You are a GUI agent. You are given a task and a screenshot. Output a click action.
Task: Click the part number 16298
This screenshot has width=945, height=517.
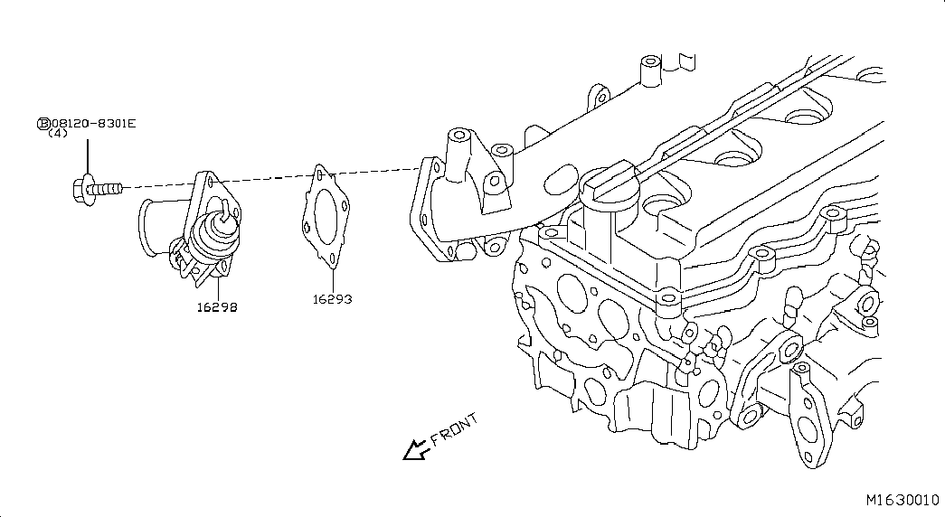tap(217, 306)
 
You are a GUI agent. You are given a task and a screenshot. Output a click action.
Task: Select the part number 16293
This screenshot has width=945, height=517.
tap(332, 299)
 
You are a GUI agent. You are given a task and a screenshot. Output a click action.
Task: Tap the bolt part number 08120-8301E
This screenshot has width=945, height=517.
tap(93, 124)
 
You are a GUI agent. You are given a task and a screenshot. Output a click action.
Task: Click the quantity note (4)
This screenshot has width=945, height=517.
tap(58, 133)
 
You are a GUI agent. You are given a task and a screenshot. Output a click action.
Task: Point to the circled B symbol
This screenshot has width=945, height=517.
tap(43, 124)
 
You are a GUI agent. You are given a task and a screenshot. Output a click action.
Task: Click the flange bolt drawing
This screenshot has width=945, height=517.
tap(97, 189)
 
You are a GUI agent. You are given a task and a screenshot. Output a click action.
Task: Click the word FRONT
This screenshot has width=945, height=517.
tap(455, 428)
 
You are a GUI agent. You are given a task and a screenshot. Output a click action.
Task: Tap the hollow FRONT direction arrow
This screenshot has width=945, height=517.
tap(416, 449)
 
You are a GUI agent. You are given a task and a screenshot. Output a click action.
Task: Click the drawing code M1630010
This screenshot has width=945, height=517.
tap(902, 500)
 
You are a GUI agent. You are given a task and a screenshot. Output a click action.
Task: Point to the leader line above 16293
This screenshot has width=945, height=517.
tap(332, 279)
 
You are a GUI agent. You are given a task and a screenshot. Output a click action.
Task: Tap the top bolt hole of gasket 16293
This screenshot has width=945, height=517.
tap(319, 174)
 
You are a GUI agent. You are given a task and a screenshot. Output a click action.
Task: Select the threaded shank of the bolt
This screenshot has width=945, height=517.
tap(109, 189)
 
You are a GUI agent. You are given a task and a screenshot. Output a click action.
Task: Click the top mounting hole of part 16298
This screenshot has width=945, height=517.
tap(209, 179)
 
